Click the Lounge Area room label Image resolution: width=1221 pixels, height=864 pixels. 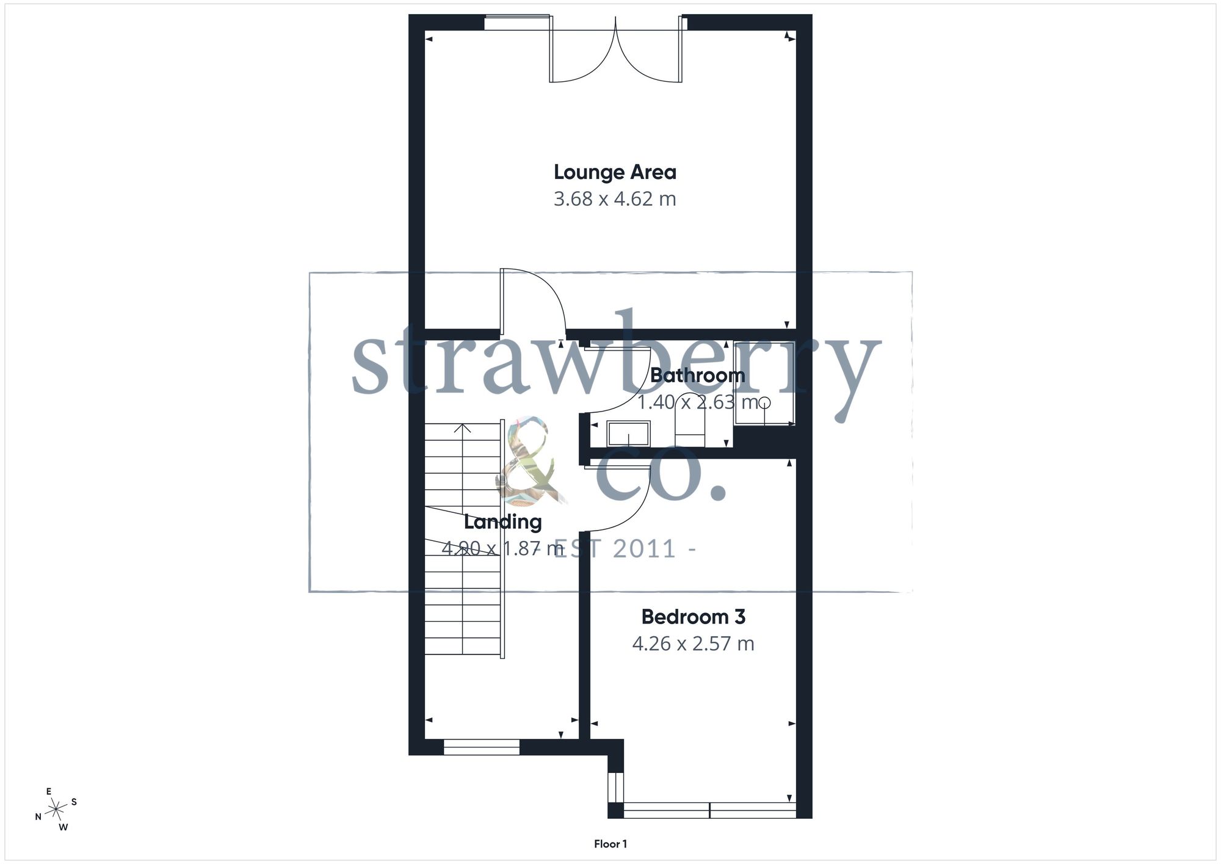pyautogui.click(x=615, y=173)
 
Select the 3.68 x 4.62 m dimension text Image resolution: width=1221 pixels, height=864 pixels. pyautogui.click(x=615, y=199)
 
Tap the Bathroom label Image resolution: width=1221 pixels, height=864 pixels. pyautogui.click(x=697, y=375)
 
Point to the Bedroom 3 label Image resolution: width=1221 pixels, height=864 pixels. pyautogui.click(x=694, y=617)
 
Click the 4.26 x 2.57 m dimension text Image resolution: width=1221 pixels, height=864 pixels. pyautogui.click(x=694, y=644)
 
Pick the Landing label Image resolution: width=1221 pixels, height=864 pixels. pyautogui.click(x=502, y=522)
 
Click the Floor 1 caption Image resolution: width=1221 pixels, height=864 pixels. pyautogui.click(x=610, y=844)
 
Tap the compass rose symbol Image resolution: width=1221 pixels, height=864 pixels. pyautogui.click(x=57, y=810)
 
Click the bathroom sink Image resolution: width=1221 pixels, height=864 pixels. pyautogui.click(x=628, y=433)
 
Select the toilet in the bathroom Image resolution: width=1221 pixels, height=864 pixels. pyautogui.click(x=690, y=427)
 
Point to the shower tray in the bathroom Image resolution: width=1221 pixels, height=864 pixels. pyautogui.click(x=764, y=383)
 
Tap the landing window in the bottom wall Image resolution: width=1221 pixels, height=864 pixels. pyautogui.click(x=482, y=747)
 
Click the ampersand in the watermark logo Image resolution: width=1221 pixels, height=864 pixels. pyautogui.click(x=527, y=461)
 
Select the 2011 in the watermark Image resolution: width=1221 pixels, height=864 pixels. pyautogui.click(x=645, y=549)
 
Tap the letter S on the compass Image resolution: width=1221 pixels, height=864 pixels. pyautogui.click(x=74, y=802)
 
